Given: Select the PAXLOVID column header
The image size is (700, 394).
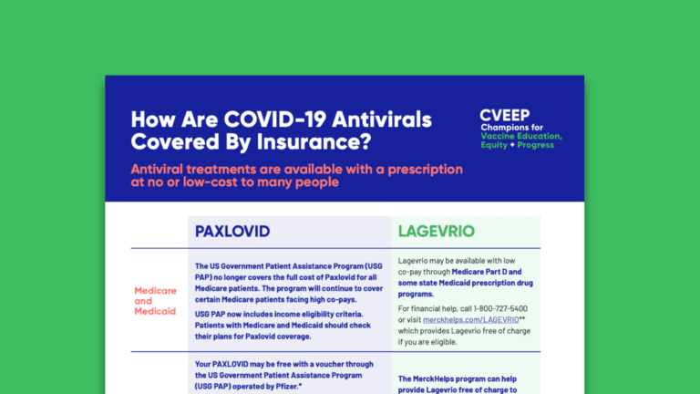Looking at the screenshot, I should coord(232,231).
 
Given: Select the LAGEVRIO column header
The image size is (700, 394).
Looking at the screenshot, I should coord(436,231).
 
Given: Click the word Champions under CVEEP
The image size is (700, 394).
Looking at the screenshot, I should coord(508,127).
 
